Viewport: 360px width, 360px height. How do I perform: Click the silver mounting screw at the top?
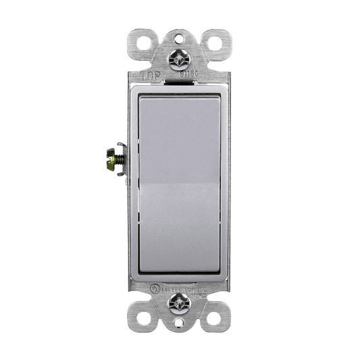(180, 59)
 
